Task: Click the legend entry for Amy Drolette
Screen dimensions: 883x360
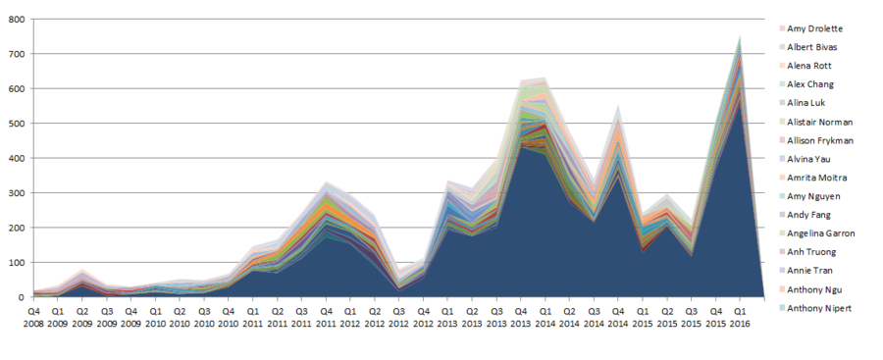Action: pyautogui.click(x=814, y=28)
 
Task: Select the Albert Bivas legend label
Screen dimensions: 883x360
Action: pyautogui.click(x=811, y=47)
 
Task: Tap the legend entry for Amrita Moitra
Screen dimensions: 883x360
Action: pyautogui.click(x=816, y=178)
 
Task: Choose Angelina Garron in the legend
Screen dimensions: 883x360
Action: pyautogui.click(x=820, y=233)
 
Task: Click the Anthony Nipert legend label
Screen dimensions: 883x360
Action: pyautogui.click(x=818, y=308)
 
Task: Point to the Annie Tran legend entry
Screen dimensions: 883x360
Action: pyautogui.click(x=809, y=271)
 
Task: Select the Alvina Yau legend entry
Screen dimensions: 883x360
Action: pyautogui.click(x=808, y=159)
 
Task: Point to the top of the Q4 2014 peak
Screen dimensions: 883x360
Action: pyautogui.click(x=618, y=104)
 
